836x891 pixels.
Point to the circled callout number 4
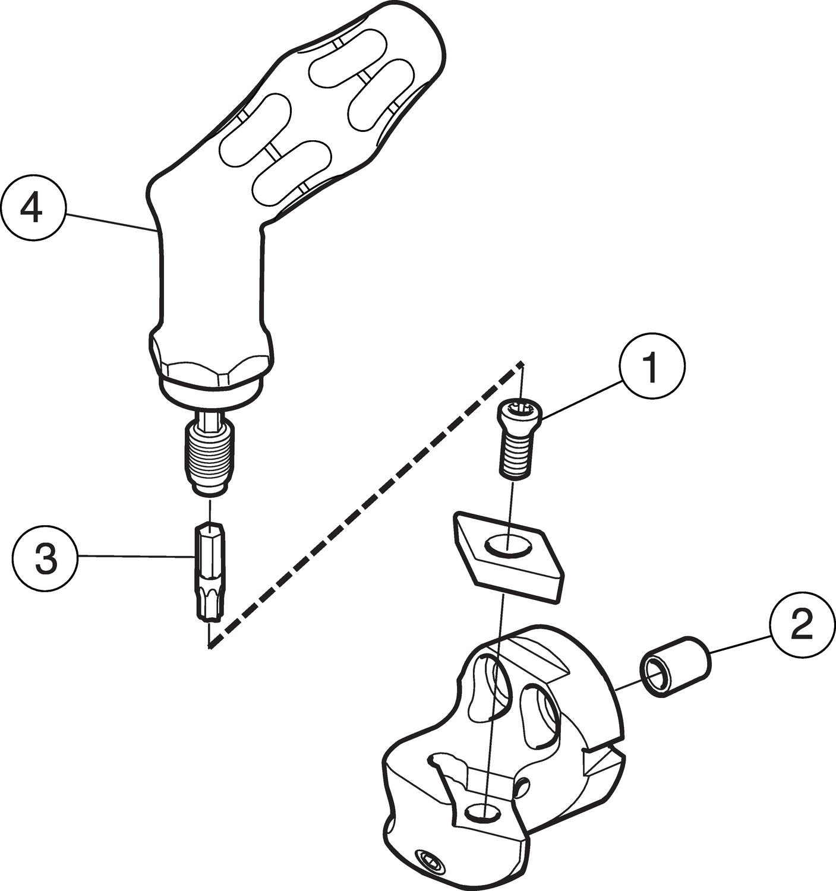tap(31, 209)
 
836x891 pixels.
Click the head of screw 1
tap(519, 410)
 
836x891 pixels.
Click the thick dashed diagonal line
tap(362, 505)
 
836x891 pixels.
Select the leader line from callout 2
tap(740, 644)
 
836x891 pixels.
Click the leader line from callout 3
tap(137, 557)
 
